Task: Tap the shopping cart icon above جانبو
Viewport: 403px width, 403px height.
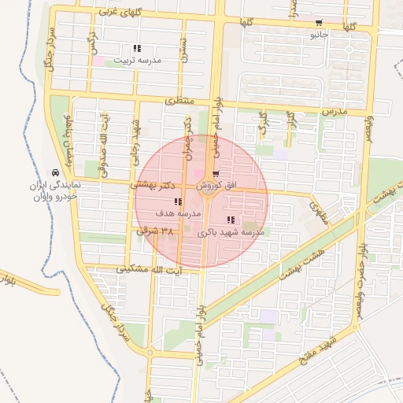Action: coord(319,23)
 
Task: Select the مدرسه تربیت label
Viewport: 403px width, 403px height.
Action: coord(138,60)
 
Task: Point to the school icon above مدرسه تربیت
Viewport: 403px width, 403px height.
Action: coord(138,49)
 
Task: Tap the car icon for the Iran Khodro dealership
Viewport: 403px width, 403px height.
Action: coord(54,172)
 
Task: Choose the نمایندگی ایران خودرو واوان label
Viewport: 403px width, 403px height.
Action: coord(53,190)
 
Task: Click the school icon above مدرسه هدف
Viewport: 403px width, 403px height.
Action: coord(178,202)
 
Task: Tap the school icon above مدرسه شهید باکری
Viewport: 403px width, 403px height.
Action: coord(231,220)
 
